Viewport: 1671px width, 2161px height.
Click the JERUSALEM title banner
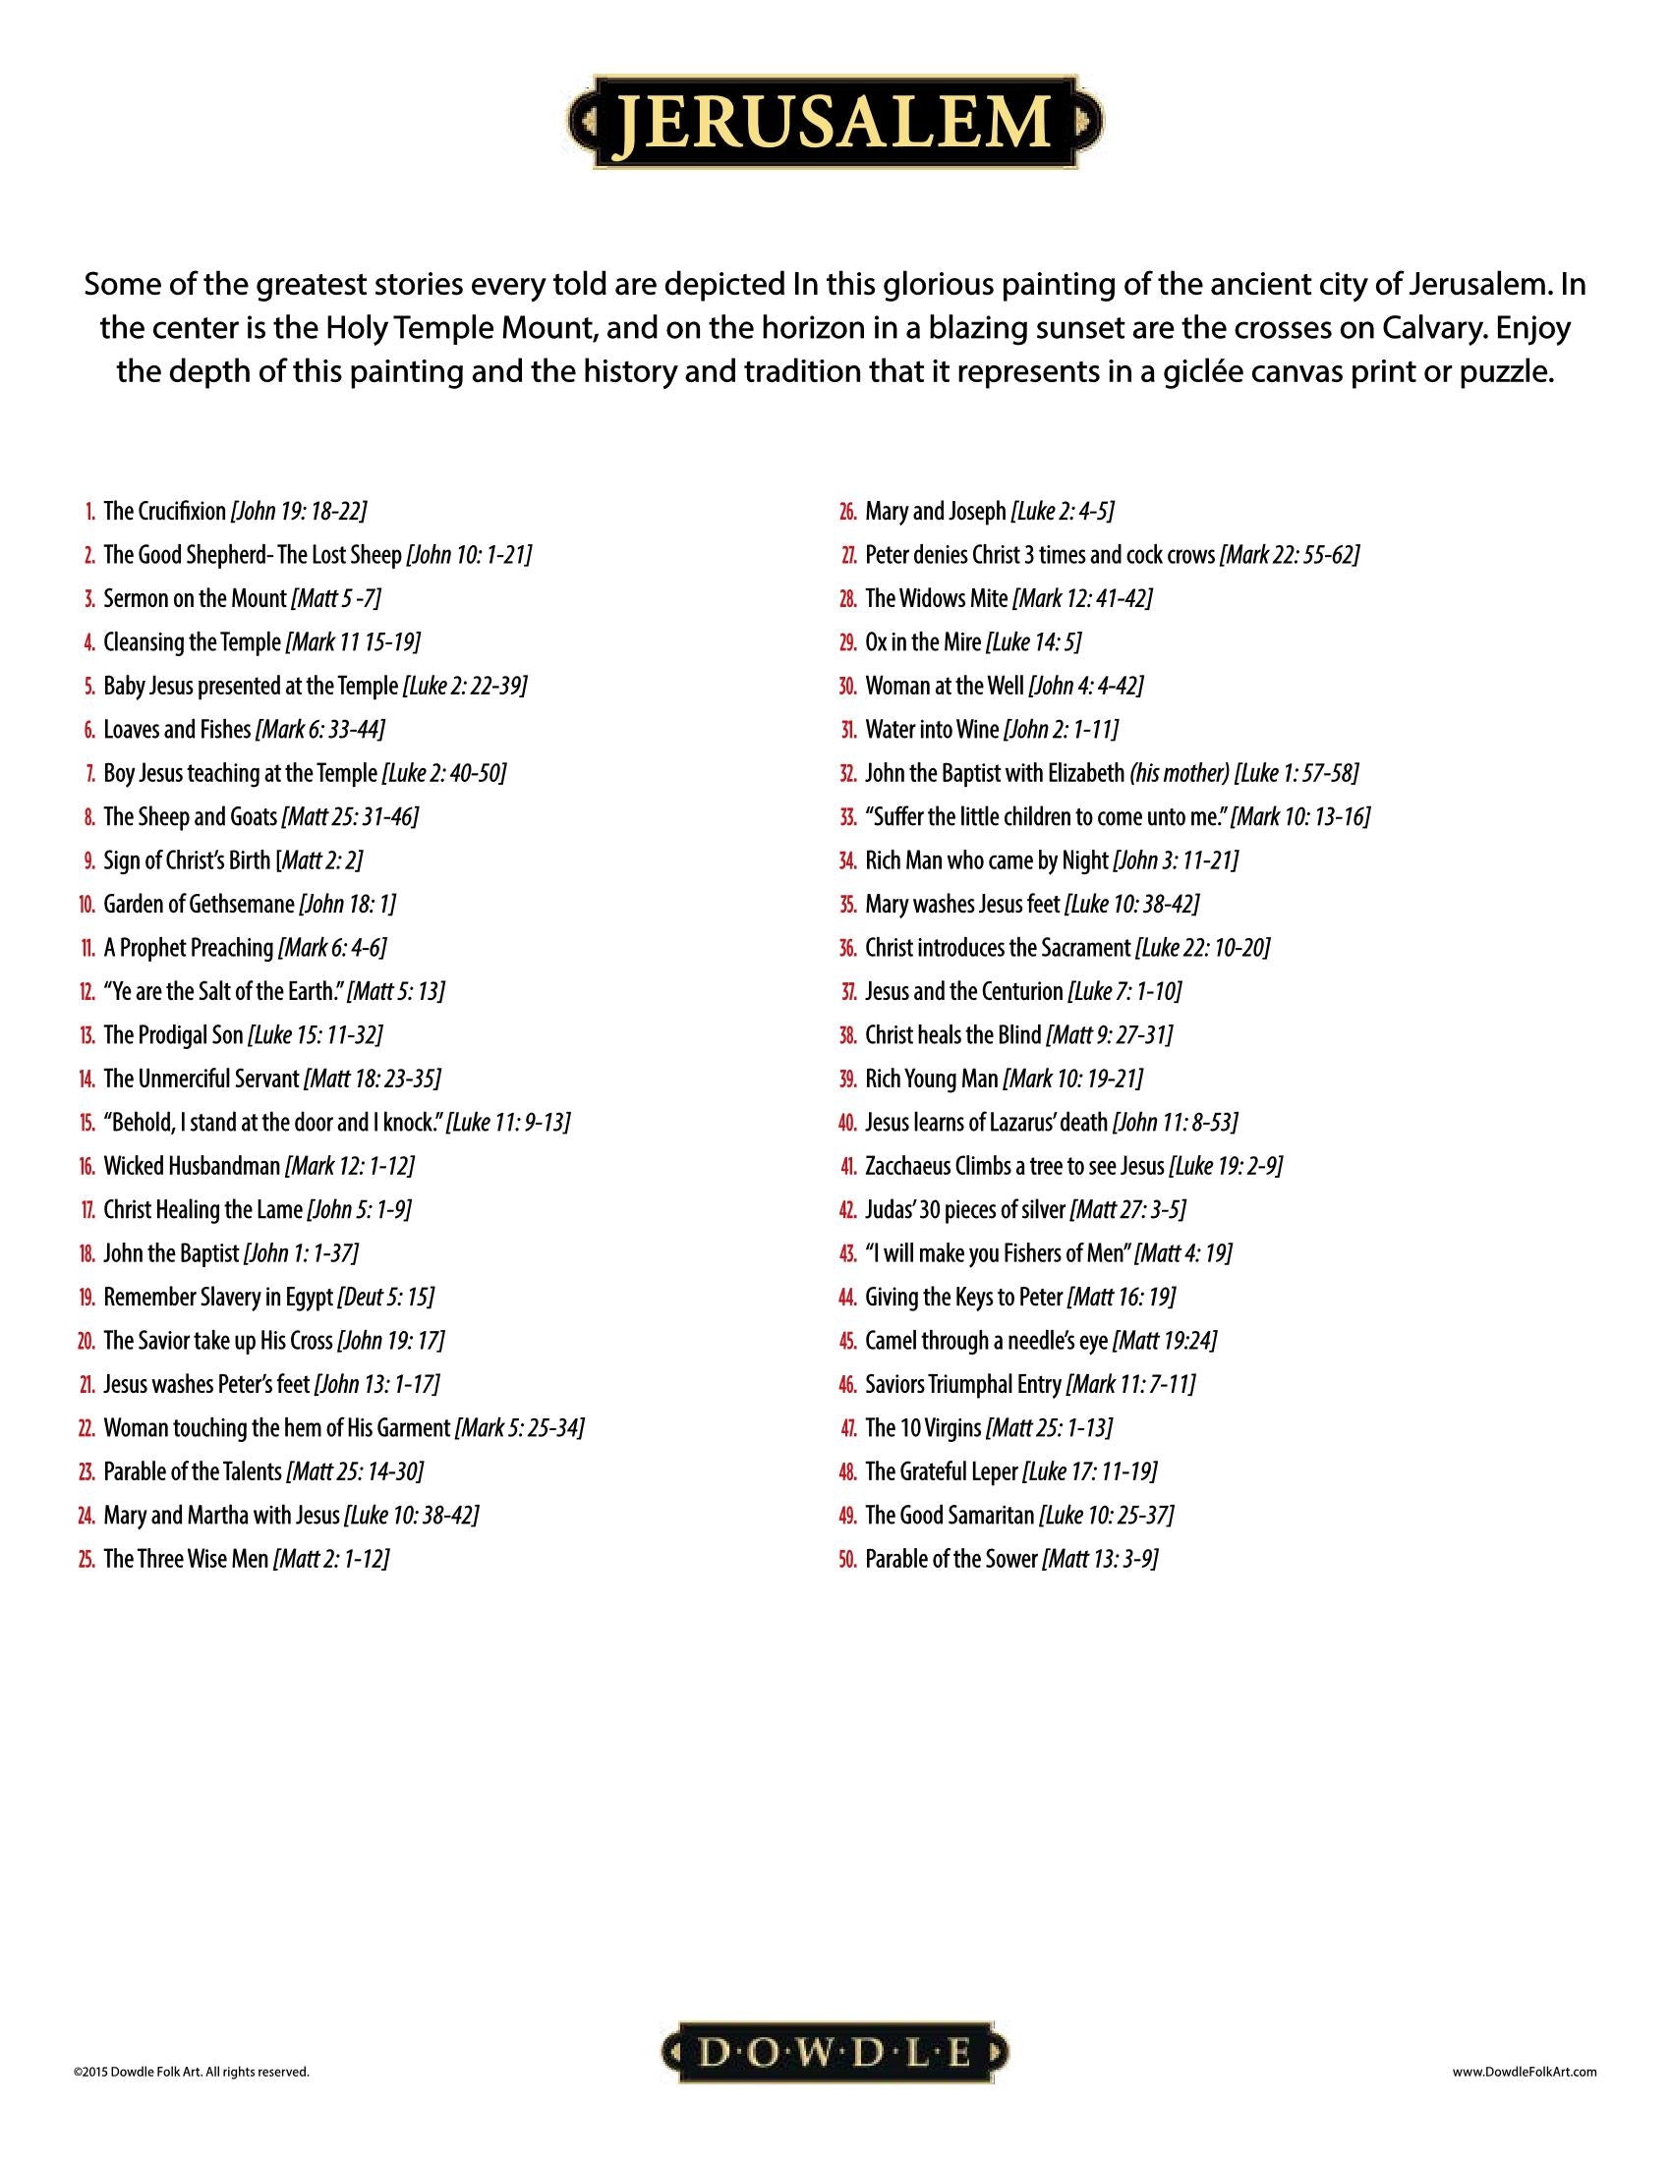[835, 123]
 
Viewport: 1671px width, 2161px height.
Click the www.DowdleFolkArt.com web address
[1525, 2070]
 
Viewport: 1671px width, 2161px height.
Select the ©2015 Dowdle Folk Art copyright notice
[191, 2070]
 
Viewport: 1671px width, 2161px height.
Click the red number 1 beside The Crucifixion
[89, 512]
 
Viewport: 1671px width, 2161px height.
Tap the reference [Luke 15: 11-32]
[315, 1035]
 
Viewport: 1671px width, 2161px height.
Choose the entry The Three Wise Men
[185, 1559]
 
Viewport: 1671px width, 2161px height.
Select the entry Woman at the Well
[945, 686]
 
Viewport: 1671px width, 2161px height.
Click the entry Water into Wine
[932, 729]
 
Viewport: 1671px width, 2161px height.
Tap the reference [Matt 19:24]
[1164, 1341]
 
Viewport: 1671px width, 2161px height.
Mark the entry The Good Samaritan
[950, 1515]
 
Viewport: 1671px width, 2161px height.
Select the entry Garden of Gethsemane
[199, 904]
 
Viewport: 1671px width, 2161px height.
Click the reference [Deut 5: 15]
[386, 1297]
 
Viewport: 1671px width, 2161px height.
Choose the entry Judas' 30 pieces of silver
[964, 1209]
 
